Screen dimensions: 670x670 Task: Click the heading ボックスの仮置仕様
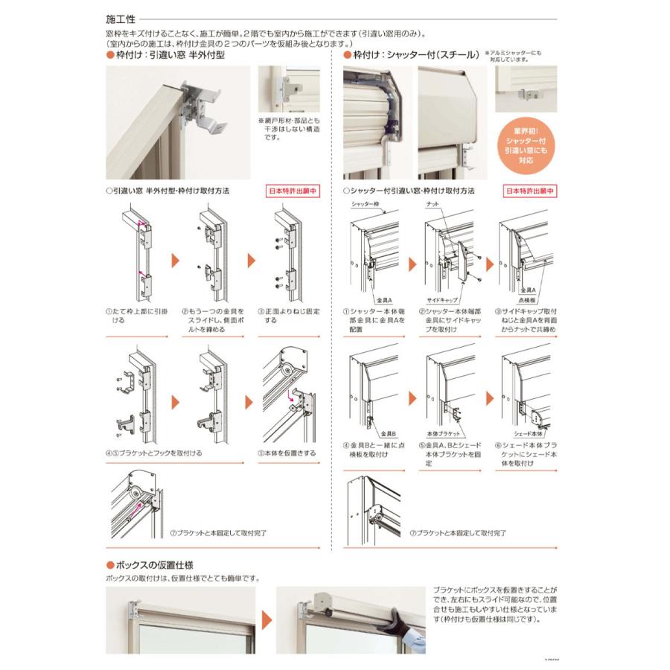point(155,565)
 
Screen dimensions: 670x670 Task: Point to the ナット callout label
point(432,202)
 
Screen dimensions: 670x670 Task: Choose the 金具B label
point(388,433)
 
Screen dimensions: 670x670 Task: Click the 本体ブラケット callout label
point(440,433)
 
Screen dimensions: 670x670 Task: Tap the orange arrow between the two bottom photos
point(266,619)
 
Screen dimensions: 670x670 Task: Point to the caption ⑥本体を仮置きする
point(286,452)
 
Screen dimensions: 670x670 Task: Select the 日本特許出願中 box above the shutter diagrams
point(530,191)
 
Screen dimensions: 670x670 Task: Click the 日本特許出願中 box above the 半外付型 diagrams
point(293,191)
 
